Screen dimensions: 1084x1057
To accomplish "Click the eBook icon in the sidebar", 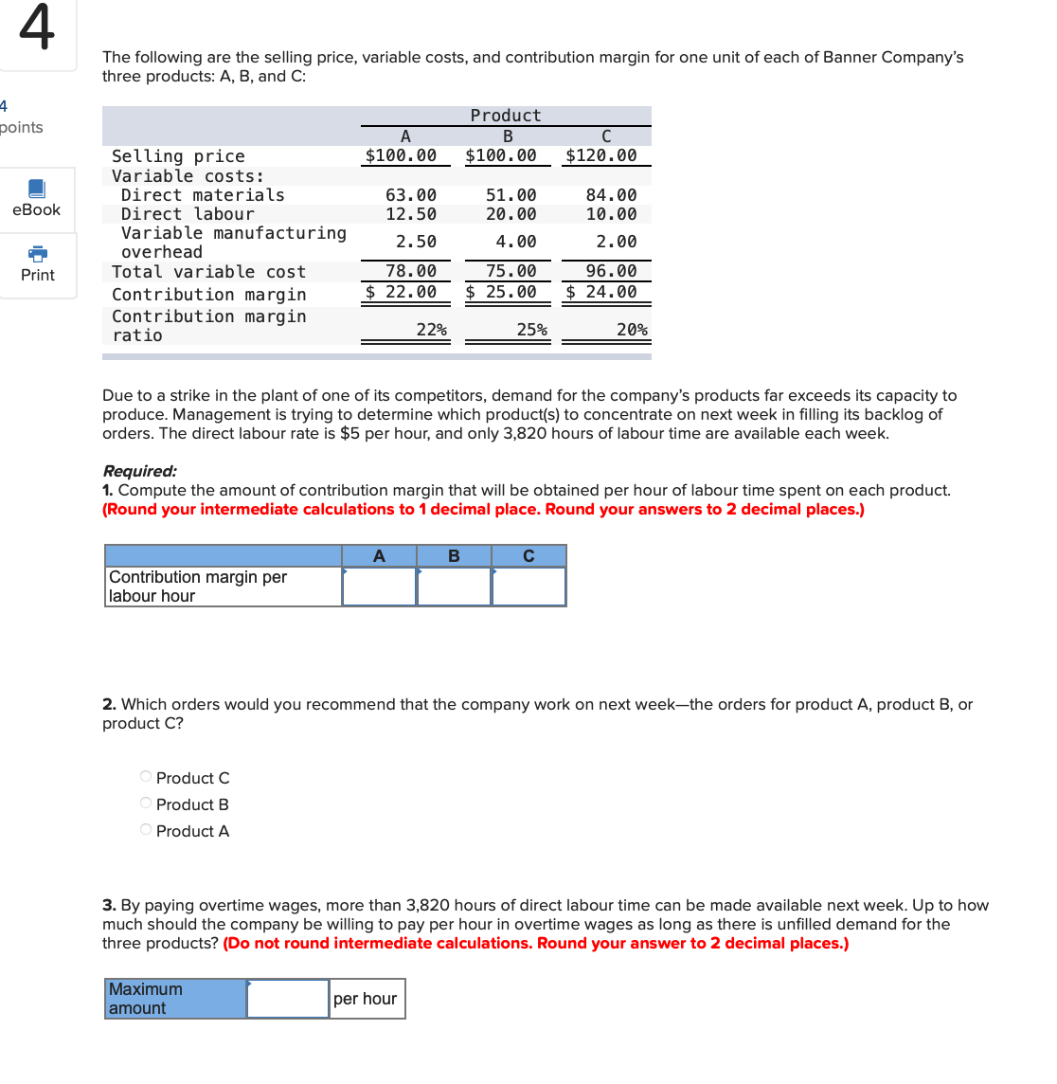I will pyautogui.click(x=36, y=189).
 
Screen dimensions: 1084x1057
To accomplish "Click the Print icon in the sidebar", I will pyautogui.click(x=37, y=254).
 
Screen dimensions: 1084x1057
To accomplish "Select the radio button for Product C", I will pyautogui.click(x=146, y=777).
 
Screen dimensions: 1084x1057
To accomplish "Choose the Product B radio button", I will pyautogui.click(x=146, y=804).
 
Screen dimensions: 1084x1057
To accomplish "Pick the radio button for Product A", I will pyautogui.click(x=146, y=830).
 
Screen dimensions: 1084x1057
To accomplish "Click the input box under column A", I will pyautogui.click(x=379, y=587).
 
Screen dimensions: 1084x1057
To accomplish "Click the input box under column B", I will pyautogui.click(x=454, y=587).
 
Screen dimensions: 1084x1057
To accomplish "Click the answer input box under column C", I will pyautogui.click(x=528, y=587).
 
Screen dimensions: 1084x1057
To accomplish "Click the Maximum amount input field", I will pyautogui.click(x=288, y=999).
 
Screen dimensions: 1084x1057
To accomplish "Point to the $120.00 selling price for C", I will pyautogui.click(x=600, y=155).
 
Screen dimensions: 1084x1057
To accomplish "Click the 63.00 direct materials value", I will pyautogui.click(x=411, y=195).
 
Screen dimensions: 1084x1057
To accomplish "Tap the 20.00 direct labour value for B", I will pyautogui.click(x=511, y=214).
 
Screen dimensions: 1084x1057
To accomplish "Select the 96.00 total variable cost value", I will pyautogui.click(x=611, y=271).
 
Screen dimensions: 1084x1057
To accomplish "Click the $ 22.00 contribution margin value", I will pyautogui.click(x=402, y=292).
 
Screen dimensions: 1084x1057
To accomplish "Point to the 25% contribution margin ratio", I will pyautogui.click(x=531, y=330).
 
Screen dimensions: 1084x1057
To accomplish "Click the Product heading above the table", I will pyautogui.click(x=506, y=116).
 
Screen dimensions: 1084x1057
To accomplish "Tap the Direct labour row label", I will pyautogui.click(x=188, y=214).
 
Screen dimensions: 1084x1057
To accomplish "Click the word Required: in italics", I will pyautogui.click(x=139, y=471).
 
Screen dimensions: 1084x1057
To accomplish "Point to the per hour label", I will pyautogui.click(x=366, y=999).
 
